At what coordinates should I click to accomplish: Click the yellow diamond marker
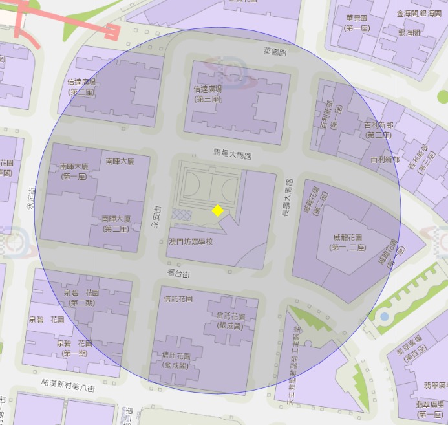218,210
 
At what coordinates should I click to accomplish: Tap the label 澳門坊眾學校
189,241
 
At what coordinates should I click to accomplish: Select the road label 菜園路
275,51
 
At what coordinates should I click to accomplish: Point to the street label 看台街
178,275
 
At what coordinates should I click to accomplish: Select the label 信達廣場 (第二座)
82,87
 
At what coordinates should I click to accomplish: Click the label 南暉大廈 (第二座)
116,223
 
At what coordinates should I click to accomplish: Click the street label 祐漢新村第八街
67,387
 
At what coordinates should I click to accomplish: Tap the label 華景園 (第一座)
357,23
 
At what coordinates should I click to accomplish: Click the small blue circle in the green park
385,317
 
